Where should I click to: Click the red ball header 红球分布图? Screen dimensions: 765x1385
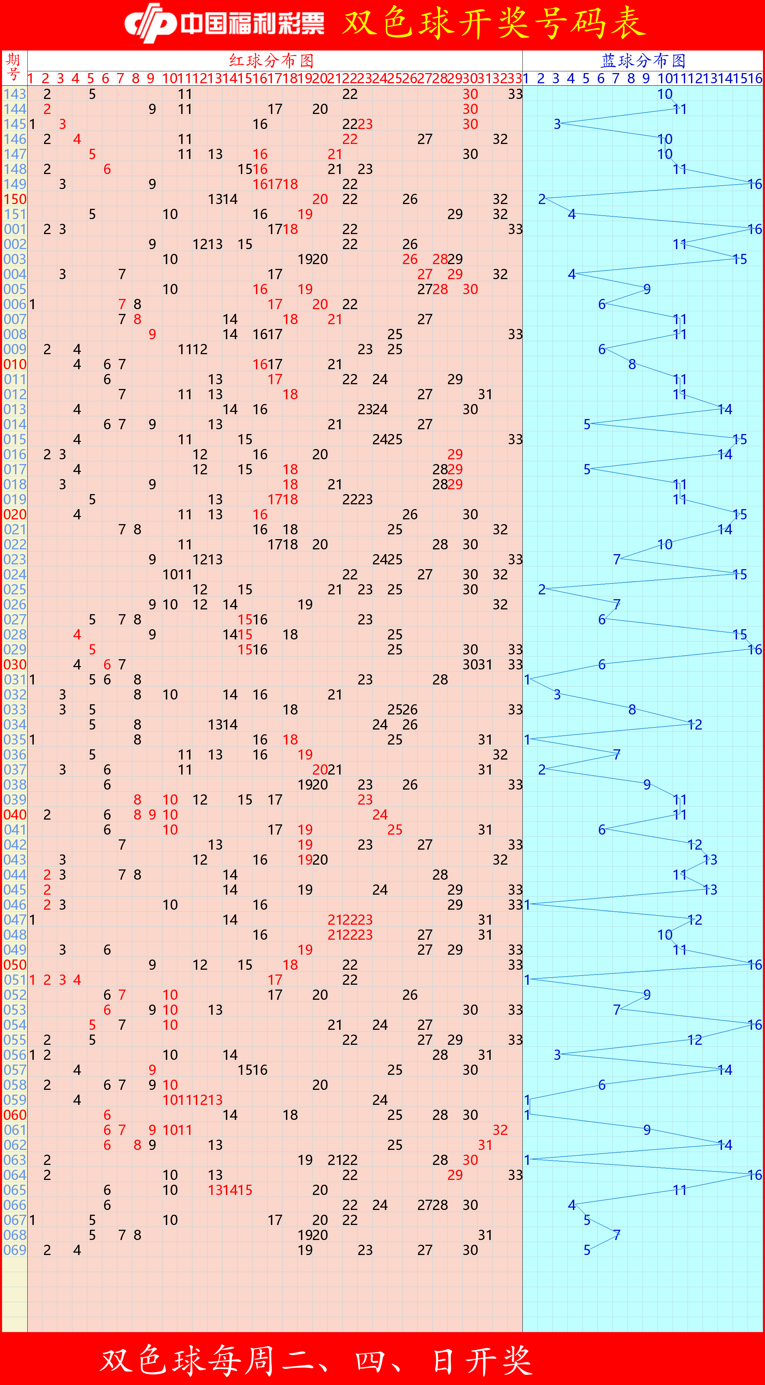click(272, 60)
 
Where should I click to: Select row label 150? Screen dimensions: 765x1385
click(15, 199)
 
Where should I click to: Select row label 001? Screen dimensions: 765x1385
click(15, 229)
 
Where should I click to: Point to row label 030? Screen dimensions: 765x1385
click(15, 665)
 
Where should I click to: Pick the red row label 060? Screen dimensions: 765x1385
click(15, 1115)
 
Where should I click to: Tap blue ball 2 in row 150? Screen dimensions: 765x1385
click(542, 199)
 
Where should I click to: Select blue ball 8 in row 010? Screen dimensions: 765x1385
click(632, 364)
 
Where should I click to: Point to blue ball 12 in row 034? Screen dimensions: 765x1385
click(695, 725)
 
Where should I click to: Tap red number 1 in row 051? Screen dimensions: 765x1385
click(32, 980)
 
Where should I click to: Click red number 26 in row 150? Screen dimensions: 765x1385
click(410, 199)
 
